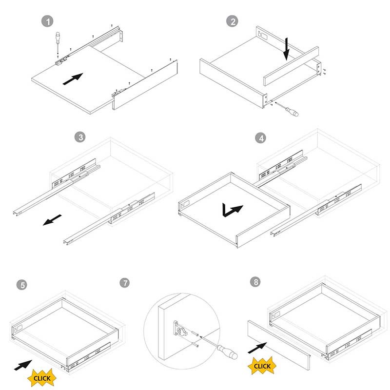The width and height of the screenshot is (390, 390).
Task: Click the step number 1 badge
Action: [x=47, y=21]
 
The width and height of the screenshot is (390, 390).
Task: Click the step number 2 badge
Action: [x=232, y=21]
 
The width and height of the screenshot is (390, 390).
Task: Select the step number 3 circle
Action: [x=80, y=137]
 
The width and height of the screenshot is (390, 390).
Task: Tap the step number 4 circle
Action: [x=261, y=138]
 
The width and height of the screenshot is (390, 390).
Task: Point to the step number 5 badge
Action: [x=22, y=285]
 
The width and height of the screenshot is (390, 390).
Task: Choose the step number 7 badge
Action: [x=125, y=283]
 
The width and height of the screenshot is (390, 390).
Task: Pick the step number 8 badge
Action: [x=255, y=282]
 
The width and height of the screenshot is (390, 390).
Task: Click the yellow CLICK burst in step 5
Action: [x=42, y=378]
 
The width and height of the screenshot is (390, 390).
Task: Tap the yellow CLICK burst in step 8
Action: [x=262, y=366]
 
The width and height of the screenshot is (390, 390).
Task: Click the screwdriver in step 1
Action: [x=58, y=43]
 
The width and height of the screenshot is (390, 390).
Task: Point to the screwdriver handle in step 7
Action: [x=227, y=352]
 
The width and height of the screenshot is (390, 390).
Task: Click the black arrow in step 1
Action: [x=73, y=79]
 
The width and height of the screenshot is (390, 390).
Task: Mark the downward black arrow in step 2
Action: [x=287, y=49]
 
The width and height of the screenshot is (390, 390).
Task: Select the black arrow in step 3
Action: [x=52, y=220]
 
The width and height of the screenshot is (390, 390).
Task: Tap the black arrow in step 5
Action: [x=23, y=365]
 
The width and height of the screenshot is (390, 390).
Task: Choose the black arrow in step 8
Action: [x=257, y=348]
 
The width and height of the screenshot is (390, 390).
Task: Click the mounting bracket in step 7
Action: [x=180, y=329]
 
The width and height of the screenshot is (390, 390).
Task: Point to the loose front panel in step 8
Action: [x=279, y=345]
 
